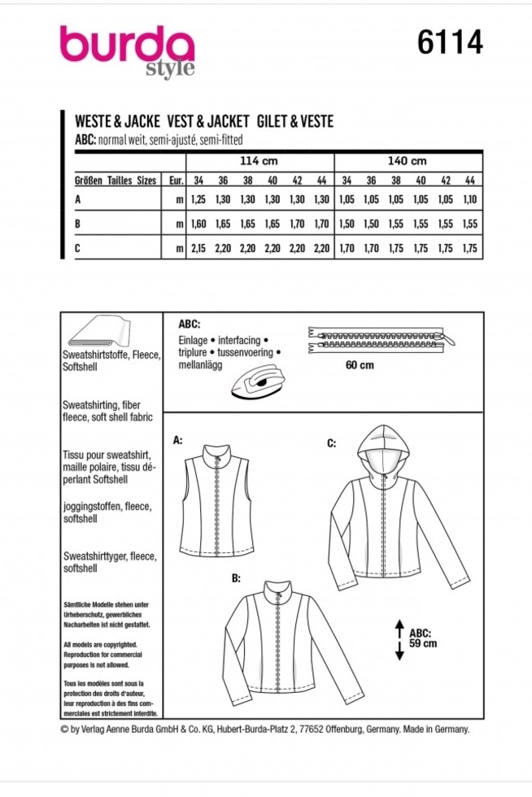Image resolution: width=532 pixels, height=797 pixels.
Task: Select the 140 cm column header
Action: point(406,161)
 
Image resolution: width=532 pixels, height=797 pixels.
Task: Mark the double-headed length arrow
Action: point(399,639)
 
